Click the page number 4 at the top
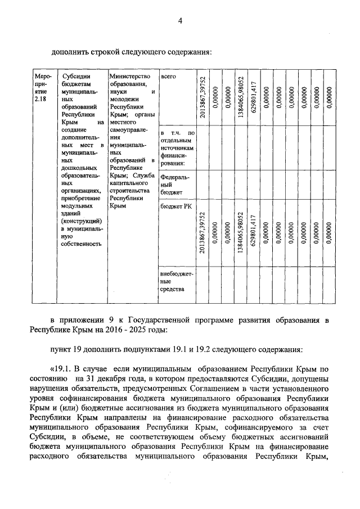180,21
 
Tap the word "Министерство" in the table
130,76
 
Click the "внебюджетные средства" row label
176,281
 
